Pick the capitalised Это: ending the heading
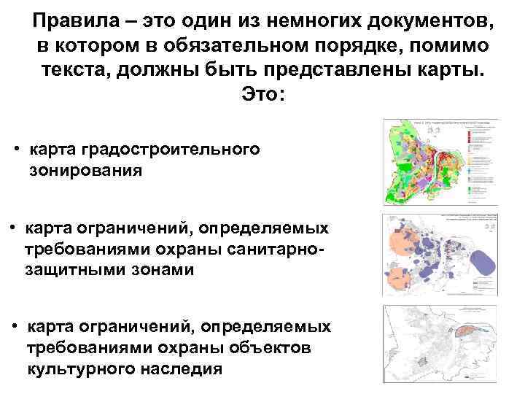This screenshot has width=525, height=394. (262, 96)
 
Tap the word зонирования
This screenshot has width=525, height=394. (85, 171)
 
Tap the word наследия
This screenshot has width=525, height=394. (189, 368)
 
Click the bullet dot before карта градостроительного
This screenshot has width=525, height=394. (17, 150)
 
